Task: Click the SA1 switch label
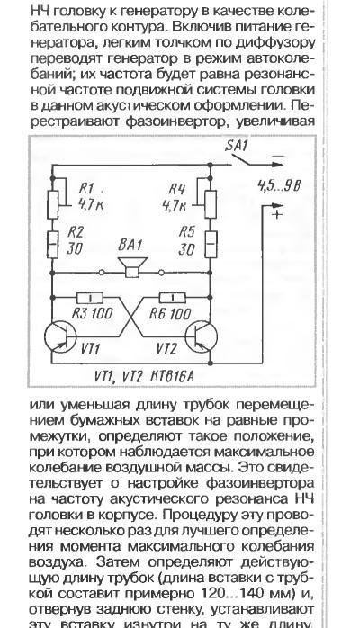[x=237, y=146]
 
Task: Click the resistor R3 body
[x=90, y=298]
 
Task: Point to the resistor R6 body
[x=173, y=298]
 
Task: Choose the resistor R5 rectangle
[x=211, y=244]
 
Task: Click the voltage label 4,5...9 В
[x=279, y=186]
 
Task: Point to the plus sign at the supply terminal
[x=277, y=214]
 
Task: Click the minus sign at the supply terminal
[x=279, y=156]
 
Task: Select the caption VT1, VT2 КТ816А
[x=145, y=376]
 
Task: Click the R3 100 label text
[x=92, y=314]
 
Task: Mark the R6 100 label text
[x=170, y=314]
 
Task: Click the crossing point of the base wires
[x=131, y=318]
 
